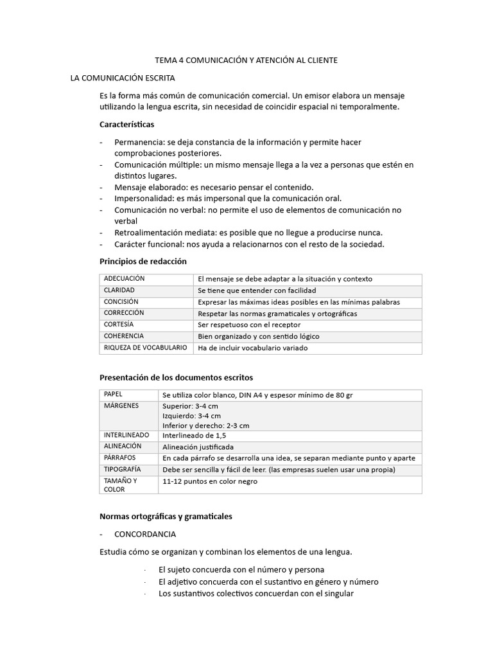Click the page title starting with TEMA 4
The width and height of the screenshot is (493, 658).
point(246,60)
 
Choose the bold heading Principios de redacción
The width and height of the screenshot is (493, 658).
point(143,262)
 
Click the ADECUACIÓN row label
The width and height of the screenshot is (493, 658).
point(124,279)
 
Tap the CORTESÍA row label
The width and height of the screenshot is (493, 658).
point(119,325)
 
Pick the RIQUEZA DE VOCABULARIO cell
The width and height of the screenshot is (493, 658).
point(145,348)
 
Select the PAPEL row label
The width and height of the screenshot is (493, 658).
point(112,394)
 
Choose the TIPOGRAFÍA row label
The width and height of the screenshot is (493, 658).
point(122,470)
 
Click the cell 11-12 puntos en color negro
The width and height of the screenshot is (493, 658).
point(210,481)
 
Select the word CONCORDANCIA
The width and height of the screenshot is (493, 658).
point(145,534)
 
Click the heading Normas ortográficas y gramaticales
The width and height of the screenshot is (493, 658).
point(166,516)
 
